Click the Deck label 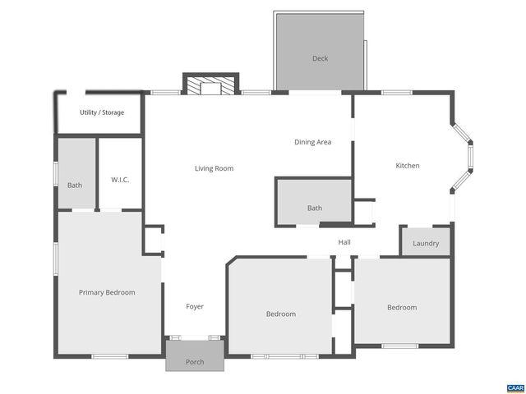pos(320,58)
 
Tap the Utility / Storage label pos(102,112)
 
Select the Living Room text pos(214,169)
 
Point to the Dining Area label pos(312,142)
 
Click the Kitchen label pos(408,166)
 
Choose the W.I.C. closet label pos(120,181)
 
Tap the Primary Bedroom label pos(107,292)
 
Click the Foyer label pos(195,307)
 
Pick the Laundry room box pos(426,243)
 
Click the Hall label pos(344,242)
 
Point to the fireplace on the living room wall pos(209,85)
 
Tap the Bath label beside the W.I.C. pos(75,186)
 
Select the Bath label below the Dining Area pos(315,208)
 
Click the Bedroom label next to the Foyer pos(281,314)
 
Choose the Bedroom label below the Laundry pos(402,308)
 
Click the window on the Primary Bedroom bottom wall pos(109,356)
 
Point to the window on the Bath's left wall pos(55,175)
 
